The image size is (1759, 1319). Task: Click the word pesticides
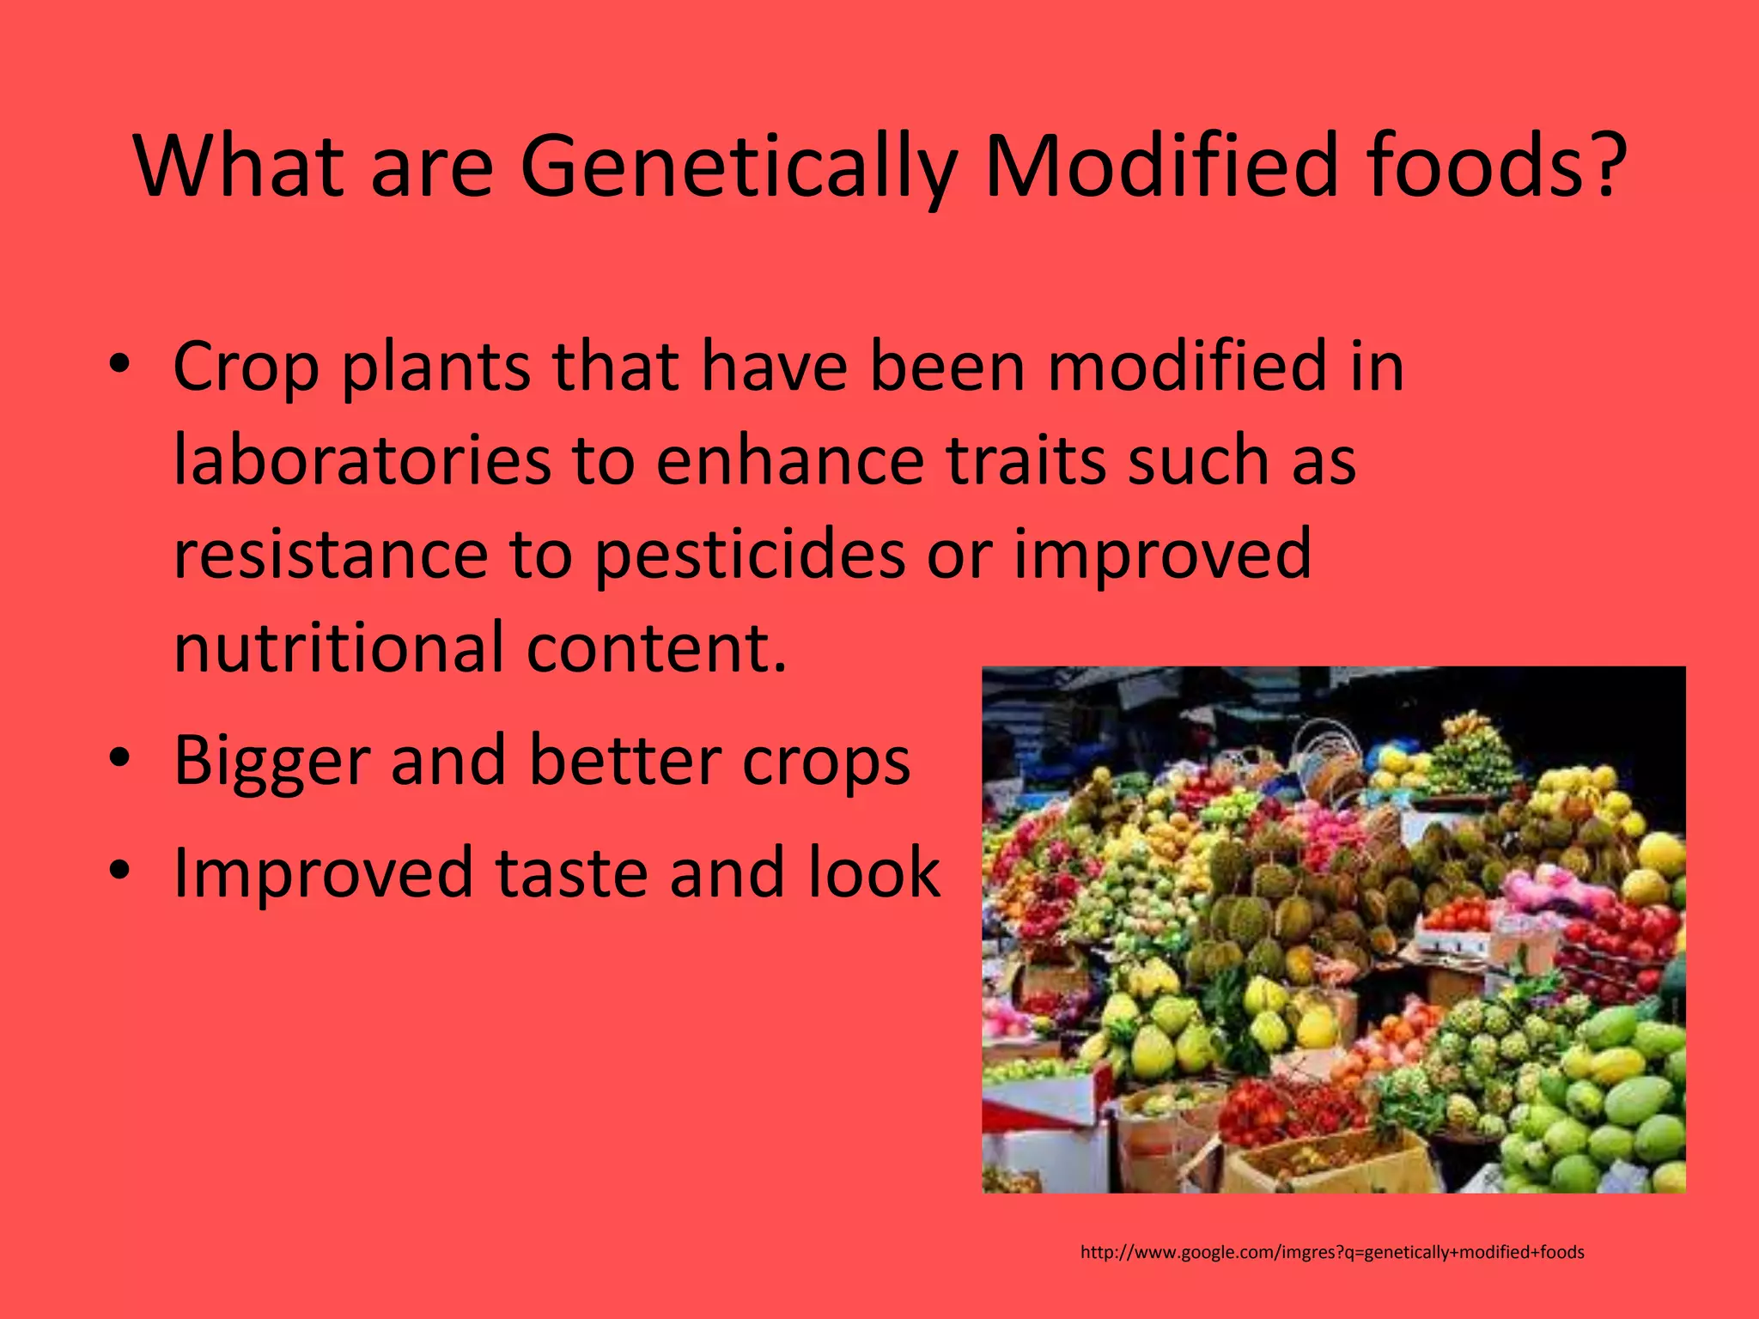point(748,556)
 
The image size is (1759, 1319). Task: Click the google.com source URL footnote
point(1332,1252)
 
